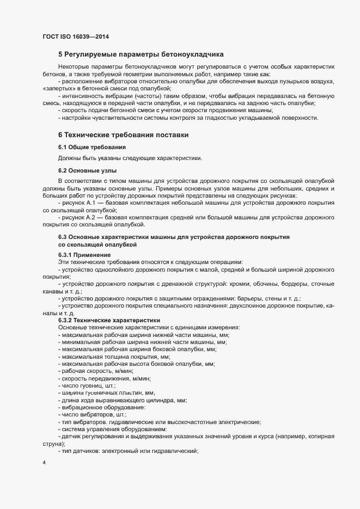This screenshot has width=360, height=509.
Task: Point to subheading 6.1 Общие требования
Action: click(x=93, y=147)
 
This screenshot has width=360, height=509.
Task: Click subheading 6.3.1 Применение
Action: click(x=84, y=255)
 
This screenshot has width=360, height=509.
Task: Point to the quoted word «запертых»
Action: click(x=58, y=88)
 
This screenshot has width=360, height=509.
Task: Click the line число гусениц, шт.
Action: click(x=89, y=385)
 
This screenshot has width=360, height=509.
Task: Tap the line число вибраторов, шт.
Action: click(x=94, y=414)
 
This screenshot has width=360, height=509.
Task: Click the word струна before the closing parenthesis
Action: click(x=49, y=444)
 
